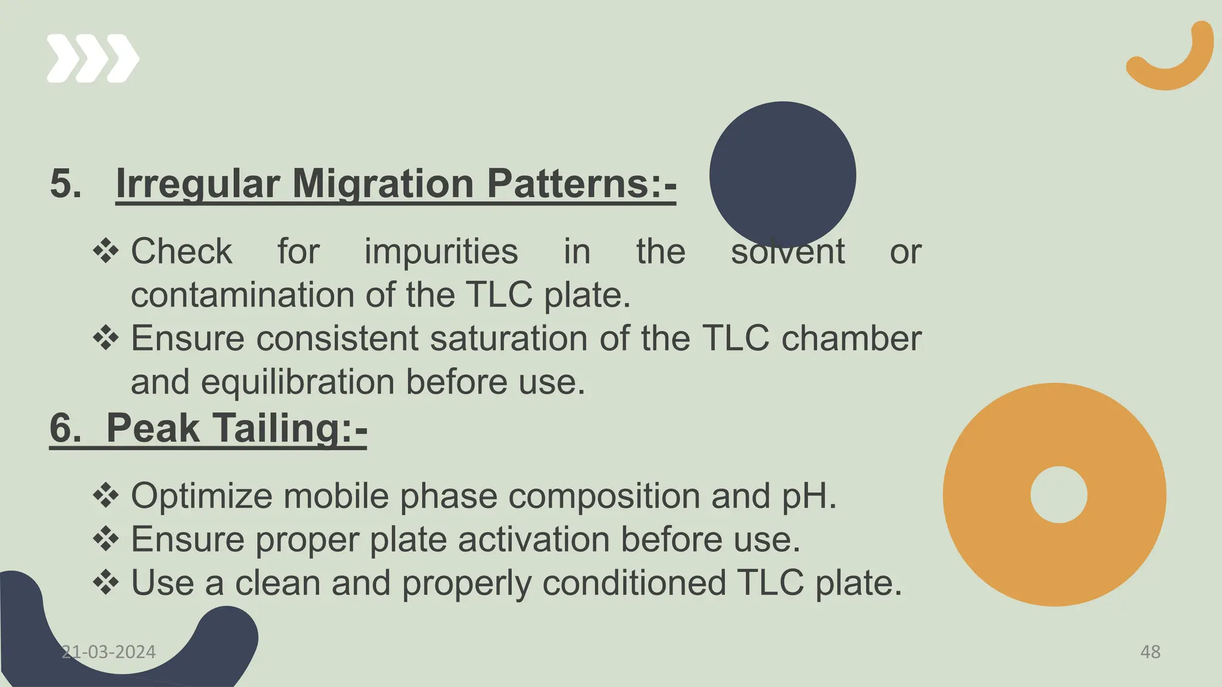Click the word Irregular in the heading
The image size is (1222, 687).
(198, 183)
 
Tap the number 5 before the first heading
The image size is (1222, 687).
(65, 183)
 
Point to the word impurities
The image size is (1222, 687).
(441, 251)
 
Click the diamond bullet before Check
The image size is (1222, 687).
(106, 251)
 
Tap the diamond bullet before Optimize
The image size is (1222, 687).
(106, 495)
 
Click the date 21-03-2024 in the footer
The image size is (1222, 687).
(109, 652)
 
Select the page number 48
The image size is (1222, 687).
(1150, 652)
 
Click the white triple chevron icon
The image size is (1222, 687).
(92, 58)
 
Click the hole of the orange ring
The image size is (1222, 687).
(1059, 495)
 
